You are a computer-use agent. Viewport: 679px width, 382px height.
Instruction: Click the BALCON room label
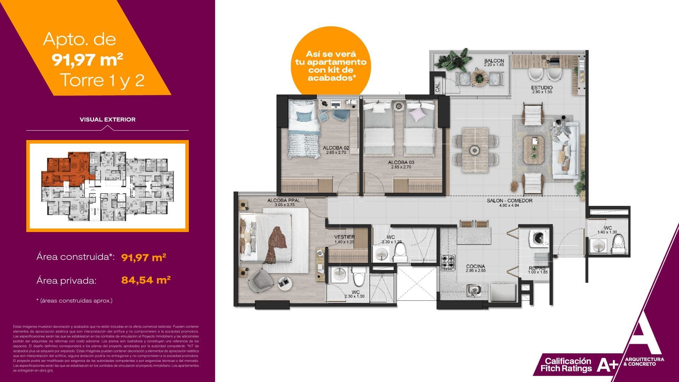coord(494,61)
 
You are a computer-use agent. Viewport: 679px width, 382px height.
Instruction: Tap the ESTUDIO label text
coord(542,87)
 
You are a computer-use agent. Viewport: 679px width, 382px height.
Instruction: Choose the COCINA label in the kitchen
coord(475,266)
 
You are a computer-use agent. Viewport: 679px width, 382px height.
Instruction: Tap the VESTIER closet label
coord(344,237)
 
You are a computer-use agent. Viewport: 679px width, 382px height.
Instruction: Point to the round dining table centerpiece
coord(474,150)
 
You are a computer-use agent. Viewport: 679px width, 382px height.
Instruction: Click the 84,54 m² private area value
coord(146,280)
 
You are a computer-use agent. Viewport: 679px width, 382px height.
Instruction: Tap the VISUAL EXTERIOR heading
coord(108,120)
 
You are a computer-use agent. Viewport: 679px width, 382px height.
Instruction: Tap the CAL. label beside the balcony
coord(437,88)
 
